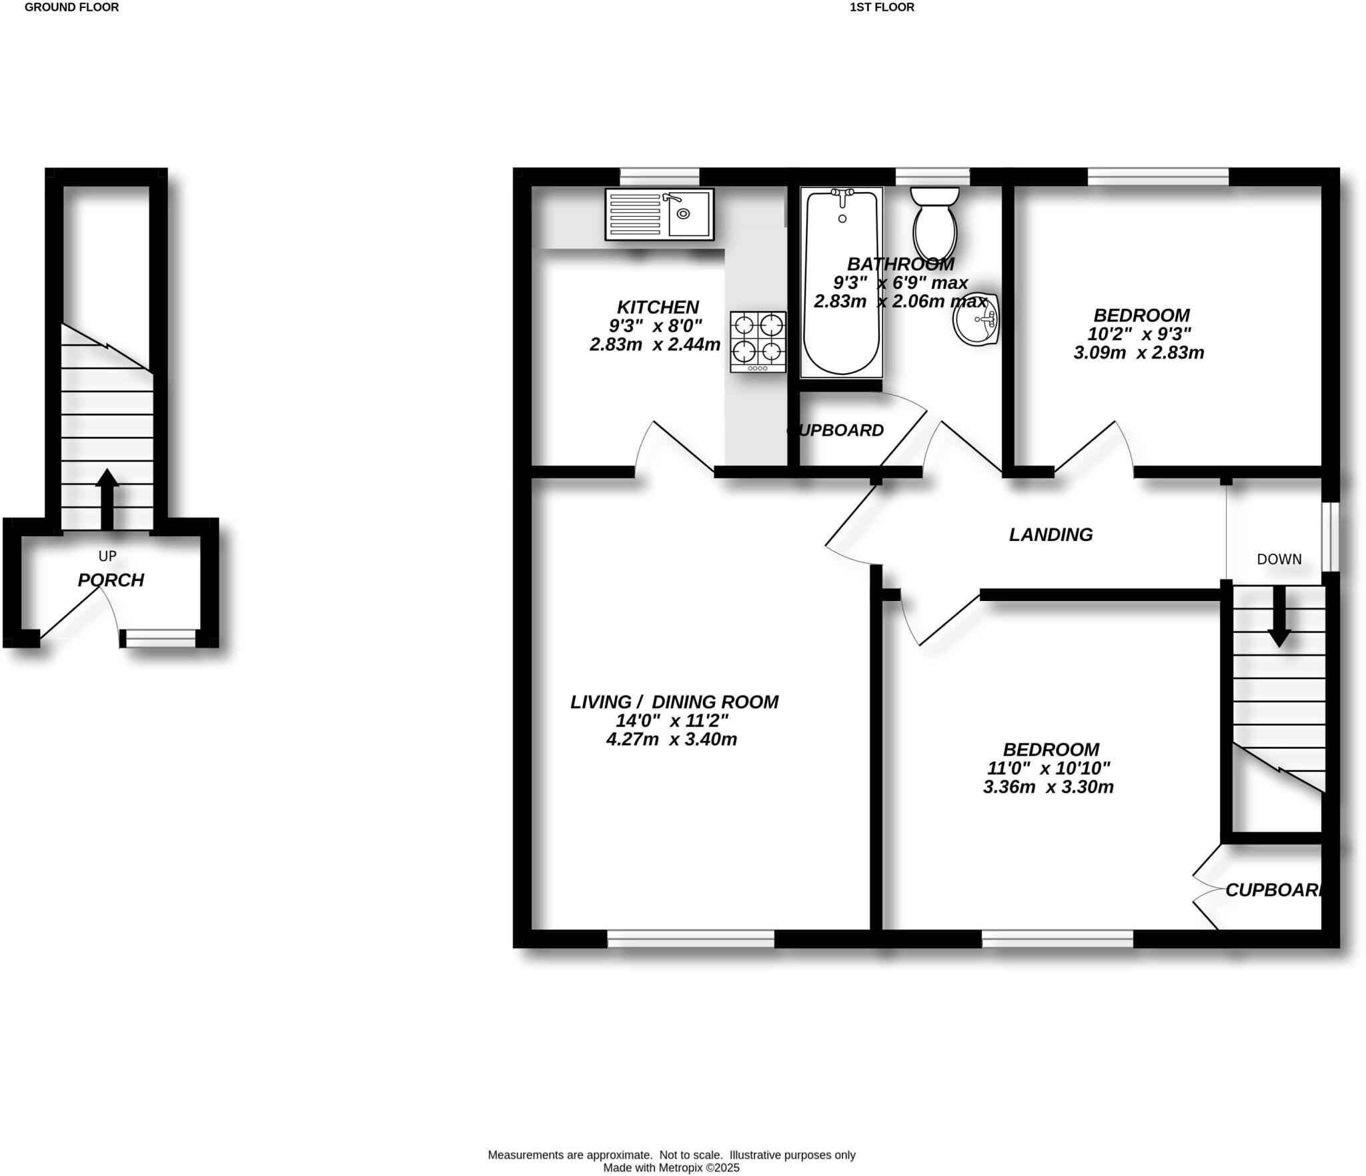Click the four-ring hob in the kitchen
[758, 341]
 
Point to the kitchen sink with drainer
[659, 213]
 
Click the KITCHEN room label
[658, 307]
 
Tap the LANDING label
[1051, 534]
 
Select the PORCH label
[111, 580]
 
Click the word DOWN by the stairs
[1279, 559]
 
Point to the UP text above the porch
[107, 556]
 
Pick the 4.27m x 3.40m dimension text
[671, 739]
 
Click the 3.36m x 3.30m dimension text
[1048, 786]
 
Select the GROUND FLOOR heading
[71, 7]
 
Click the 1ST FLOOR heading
[882, 7]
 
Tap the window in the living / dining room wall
[690, 939]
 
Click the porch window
[160, 638]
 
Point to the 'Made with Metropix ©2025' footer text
[671, 1167]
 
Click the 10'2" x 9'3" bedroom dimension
[1139, 334]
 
